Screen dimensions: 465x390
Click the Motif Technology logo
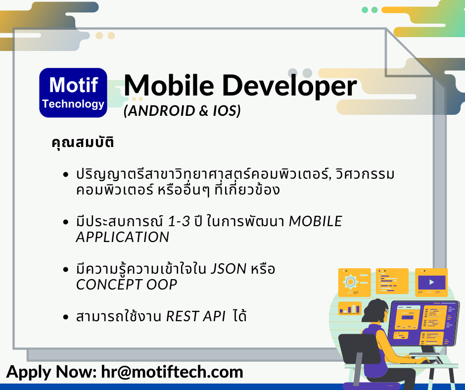tap(73, 93)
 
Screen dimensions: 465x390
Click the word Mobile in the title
tap(169, 86)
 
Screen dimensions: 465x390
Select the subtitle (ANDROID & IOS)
tap(182, 111)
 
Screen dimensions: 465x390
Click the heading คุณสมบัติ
tap(83, 142)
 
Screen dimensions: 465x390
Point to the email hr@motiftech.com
tap(172, 372)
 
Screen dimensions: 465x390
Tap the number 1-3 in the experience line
tap(179, 221)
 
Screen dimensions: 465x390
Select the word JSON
tap(229, 269)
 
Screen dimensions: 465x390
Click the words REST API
tap(196, 316)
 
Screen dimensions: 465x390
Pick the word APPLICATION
tap(123, 237)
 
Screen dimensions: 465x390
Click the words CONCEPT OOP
tap(127, 285)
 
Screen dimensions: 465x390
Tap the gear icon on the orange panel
tap(351, 282)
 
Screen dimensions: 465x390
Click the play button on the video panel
tap(432, 282)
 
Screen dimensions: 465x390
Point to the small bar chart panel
tap(350, 308)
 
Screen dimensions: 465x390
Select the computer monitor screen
tap(423, 323)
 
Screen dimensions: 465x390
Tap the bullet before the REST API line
tap(66, 317)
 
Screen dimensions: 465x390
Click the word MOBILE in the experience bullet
tap(316, 221)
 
